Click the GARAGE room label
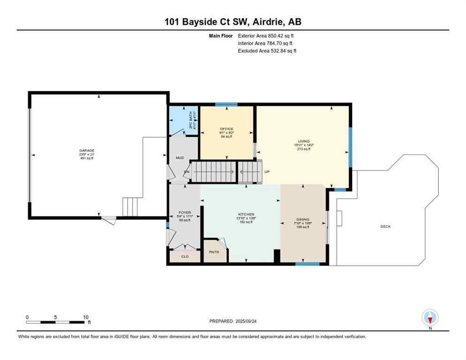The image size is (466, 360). tap(87, 150)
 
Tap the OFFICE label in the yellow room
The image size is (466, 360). tap(226, 129)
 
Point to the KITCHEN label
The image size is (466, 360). tap(246, 214)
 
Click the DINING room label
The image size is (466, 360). tap(303, 219)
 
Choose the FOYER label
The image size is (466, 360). tap(185, 212)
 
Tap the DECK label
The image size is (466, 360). tap(385, 226)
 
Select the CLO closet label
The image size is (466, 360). tap(185, 256)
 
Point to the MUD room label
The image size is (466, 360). tap(179, 158)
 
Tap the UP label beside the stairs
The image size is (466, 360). tap(267, 172)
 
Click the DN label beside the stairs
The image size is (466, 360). tap(186, 172)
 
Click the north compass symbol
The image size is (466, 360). tap(429, 318)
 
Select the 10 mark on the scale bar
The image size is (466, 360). tap(86, 317)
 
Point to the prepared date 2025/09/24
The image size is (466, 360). tap(233, 321)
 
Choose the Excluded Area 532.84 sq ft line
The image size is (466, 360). tap(267, 51)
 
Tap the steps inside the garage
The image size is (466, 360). tap(131, 207)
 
